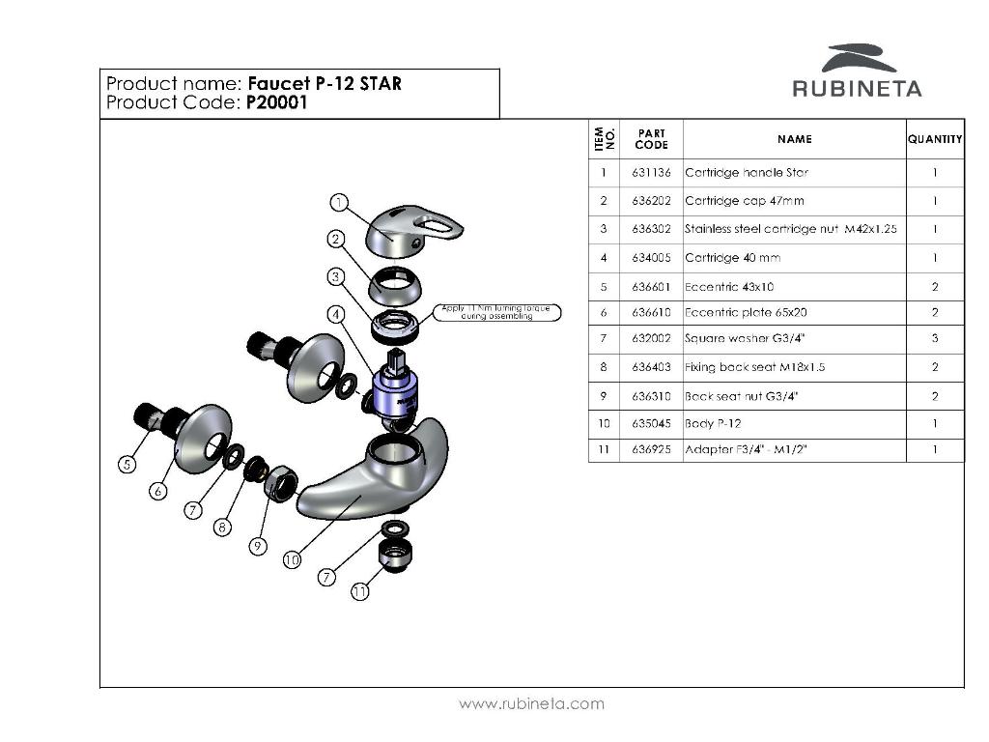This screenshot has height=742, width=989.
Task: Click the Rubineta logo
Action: (857, 71)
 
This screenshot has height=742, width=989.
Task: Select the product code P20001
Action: (276, 102)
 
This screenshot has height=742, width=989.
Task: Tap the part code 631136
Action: (651, 173)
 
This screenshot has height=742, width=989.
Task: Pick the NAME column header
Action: (794, 139)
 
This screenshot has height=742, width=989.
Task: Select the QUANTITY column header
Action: (935, 139)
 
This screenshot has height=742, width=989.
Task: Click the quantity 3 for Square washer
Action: (935, 339)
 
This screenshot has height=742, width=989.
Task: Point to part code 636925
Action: (651, 450)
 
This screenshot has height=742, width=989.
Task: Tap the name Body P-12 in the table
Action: (713, 423)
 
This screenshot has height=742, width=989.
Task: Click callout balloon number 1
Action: (339, 202)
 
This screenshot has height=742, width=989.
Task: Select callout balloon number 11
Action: (359, 592)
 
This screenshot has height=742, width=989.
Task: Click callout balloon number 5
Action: (127, 465)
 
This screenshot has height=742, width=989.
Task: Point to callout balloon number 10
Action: (292, 559)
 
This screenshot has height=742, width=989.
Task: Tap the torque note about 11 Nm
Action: (498, 312)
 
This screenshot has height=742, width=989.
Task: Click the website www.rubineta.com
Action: (531, 703)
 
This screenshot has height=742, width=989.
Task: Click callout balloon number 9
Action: (257, 546)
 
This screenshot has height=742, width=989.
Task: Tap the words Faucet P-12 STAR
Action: (325, 83)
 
